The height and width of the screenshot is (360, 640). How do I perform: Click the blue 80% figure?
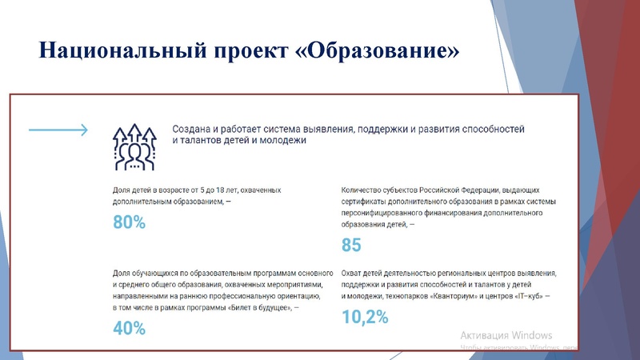tap(130, 223)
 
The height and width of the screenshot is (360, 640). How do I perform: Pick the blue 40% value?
tap(130, 327)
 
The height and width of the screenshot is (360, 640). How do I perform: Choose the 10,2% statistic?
tap(365, 317)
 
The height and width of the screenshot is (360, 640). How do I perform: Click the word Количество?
tap(366, 190)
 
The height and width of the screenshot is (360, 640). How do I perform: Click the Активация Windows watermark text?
tap(507, 334)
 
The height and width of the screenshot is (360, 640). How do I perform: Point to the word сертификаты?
tap(370, 203)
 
